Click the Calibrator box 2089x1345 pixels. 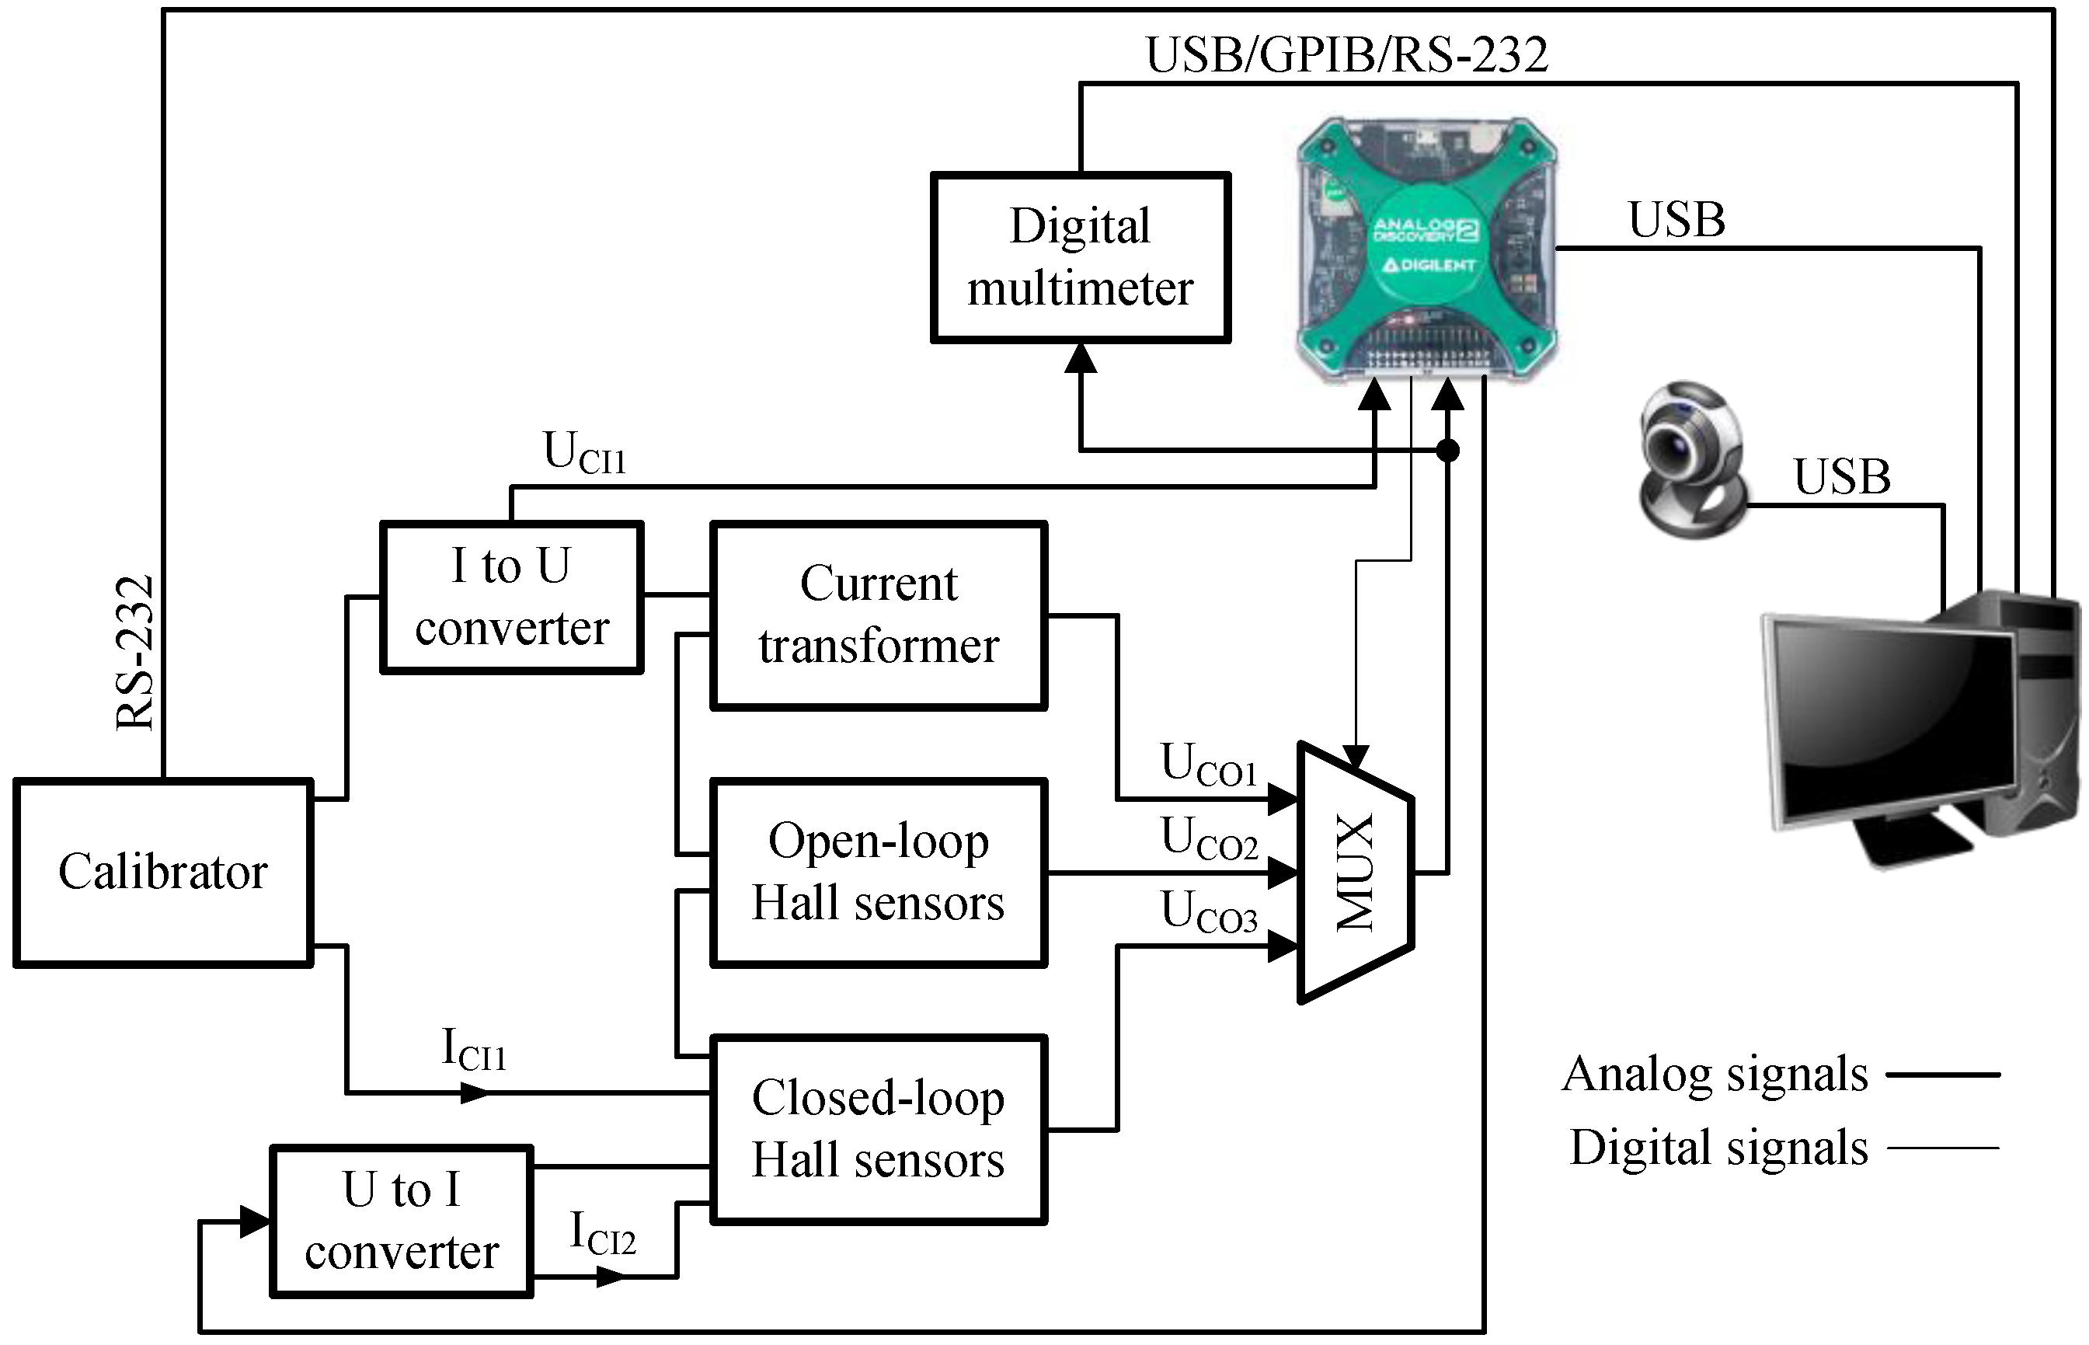(163, 873)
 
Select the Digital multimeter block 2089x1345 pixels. (1081, 258)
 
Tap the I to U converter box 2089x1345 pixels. (511, 598)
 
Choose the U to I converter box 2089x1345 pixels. (402, 1221)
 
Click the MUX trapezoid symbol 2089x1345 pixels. (1355, 873)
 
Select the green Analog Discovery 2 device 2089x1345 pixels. (1426, 249)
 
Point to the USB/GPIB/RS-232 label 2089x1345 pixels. (1346, 54)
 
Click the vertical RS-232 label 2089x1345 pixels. (135, 653)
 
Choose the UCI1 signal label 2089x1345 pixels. (584, 452)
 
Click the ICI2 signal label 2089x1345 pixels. (601, 1233)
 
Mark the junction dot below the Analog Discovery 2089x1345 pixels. (1447, 451)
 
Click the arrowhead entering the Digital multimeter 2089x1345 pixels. (1081, 358)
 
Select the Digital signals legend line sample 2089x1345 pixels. (1943, 1148)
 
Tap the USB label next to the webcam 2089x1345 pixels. (1842, 477)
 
